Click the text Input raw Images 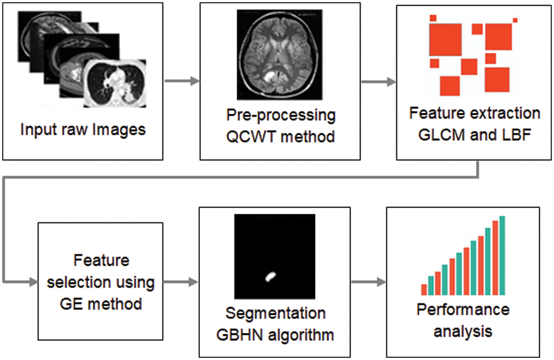(x=83, y=129)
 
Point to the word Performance (x=463, y=309)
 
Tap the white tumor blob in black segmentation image (x=270, y=277)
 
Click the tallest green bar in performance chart (x=502, y=255)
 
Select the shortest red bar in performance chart (x=424, y=290)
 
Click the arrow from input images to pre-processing (x=182, y=81)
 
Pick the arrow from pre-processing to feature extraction (x=378, y=81)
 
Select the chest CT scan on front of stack (x=116, y=84)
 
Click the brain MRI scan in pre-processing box (x=280, y=54)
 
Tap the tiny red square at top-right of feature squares (x=515, y=20)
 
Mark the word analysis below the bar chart (x=463, y=330)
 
